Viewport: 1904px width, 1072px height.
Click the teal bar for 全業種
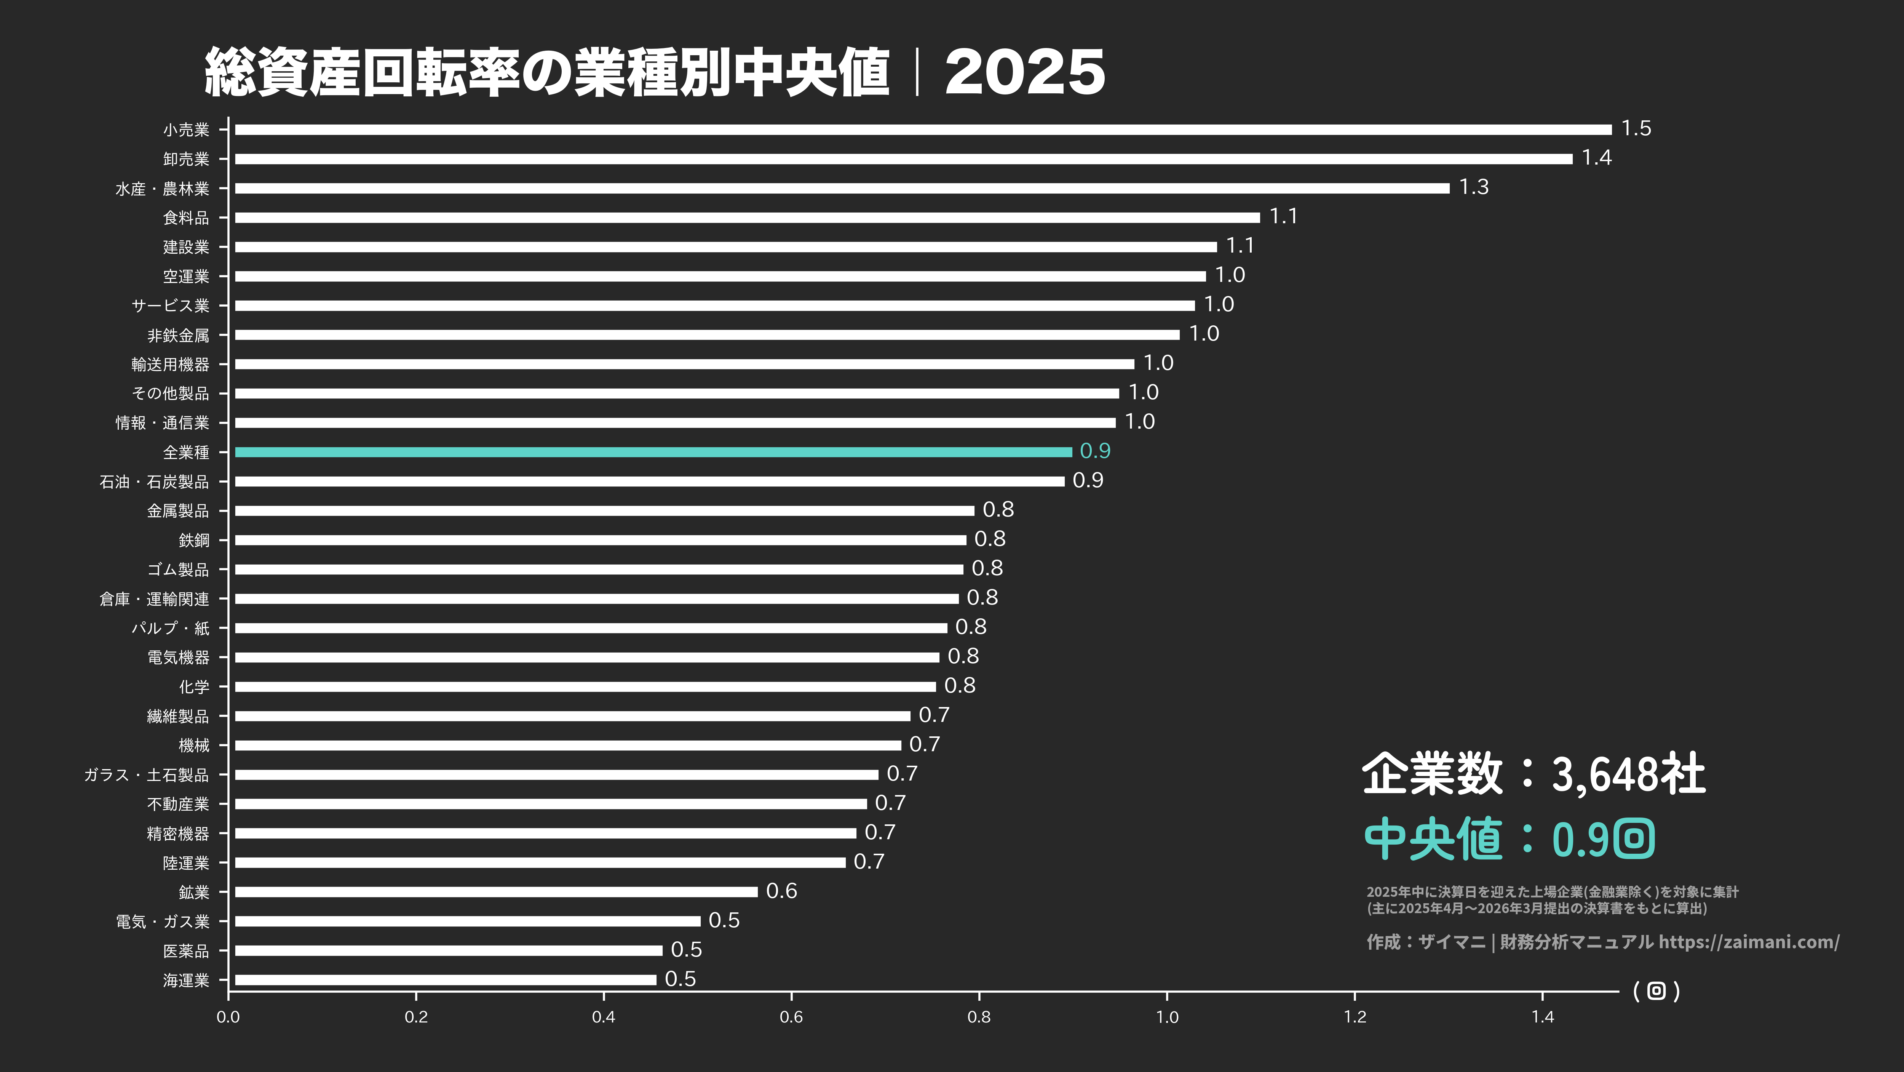pyautogui.click(x=653, y=452)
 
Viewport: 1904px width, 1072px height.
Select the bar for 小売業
pyautogui.click(x=923, y=130)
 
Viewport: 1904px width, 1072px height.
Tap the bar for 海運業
pyautogui.click(x=446, y=979)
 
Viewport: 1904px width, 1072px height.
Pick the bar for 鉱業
pyautogui.click(x=496, y=891)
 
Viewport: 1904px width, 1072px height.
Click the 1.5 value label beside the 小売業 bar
pyautogui.click(x=1636, y=129)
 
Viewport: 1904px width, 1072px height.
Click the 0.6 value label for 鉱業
pyautogui.click(x=781, y=891)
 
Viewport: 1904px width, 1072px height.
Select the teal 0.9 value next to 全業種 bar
pyautogui.click(x=1095, y=451)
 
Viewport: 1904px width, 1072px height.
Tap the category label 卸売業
pyautogui.click(x=186, y=159)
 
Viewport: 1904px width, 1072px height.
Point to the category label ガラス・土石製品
pyautogui.click(x=146, y=775)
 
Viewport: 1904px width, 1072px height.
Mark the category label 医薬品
pyautogui.click(x=186, y=951)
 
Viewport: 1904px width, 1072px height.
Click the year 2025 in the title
pyautogui.click(x=1025, y=72)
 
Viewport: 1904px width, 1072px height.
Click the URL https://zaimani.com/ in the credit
pyautogui.click(x=1749, y=942)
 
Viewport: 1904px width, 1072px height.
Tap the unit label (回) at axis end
pyautogui.click(x=1656, y=991)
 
